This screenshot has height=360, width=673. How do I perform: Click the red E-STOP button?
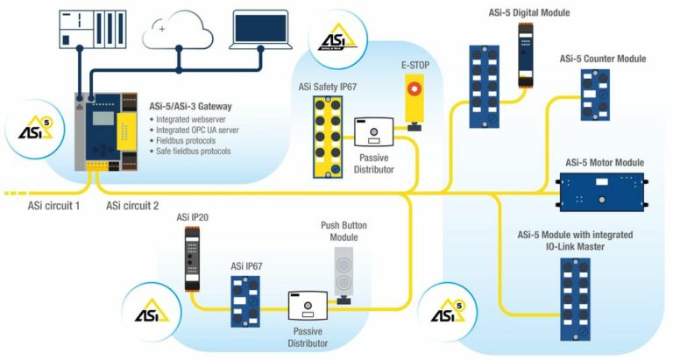414,88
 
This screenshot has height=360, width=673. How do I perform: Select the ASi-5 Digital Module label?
528,12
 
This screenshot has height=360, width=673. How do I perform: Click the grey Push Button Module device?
344,274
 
